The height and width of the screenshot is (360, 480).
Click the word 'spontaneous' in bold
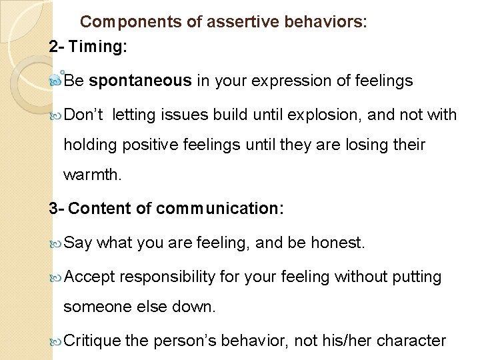140,81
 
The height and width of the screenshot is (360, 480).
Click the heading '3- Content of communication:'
167,209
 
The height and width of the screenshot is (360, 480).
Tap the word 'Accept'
91,276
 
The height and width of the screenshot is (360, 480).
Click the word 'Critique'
94,341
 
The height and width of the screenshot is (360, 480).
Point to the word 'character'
411,341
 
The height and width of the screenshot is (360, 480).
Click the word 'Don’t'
85,115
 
